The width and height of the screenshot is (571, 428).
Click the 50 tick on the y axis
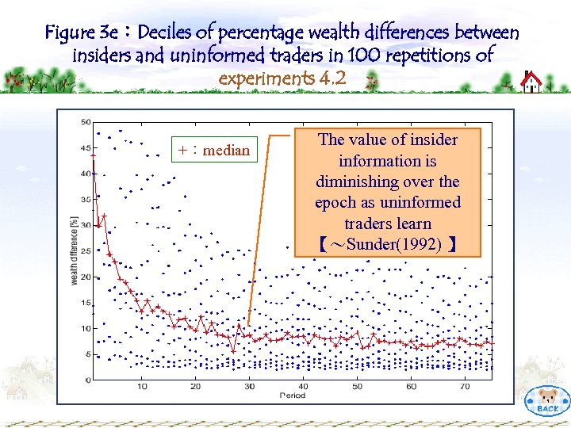86,122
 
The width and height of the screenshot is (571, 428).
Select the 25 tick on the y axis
86,250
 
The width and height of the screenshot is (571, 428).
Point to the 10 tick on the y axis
86,328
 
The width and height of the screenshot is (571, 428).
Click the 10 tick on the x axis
142,387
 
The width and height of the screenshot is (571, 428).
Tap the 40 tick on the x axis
303,387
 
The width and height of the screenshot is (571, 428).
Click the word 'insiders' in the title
102,55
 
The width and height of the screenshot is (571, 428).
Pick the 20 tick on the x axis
196,387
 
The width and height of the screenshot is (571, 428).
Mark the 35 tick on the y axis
86,199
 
